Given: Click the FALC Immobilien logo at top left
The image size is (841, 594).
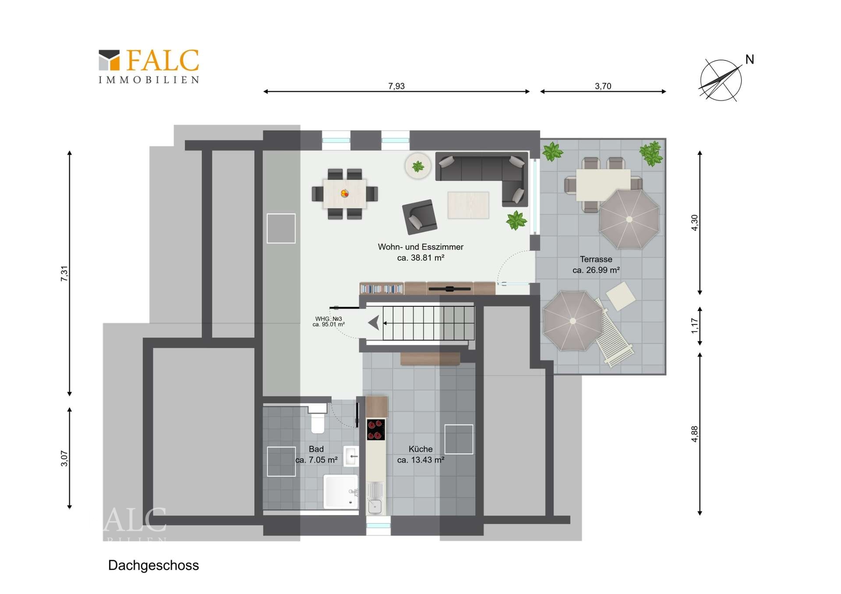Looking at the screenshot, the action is [x=149, y=66].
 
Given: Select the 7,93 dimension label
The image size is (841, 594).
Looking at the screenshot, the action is [x=396, y=86].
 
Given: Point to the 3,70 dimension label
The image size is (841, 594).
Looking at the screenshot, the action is [x=603, y=86].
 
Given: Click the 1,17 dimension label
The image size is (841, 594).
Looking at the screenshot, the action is [x=695, y=326].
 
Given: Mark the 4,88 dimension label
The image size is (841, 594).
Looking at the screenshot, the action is [x=695, y=434].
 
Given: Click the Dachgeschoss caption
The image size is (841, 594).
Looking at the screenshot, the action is [x=153, y=566].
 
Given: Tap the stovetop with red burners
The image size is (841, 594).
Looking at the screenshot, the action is [x=376, y=429].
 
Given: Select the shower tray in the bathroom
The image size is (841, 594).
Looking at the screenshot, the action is [x=340, y=492].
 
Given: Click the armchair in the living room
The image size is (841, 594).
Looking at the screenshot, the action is [x=420, y=217].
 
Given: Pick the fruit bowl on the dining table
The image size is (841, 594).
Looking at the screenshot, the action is [x=345, y=193].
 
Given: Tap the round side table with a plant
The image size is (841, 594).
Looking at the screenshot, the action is [x=418, y=166].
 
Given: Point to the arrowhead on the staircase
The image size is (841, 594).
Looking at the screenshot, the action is [x=374, y=323].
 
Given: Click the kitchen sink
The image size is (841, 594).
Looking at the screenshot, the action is [x=375, y=499].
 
